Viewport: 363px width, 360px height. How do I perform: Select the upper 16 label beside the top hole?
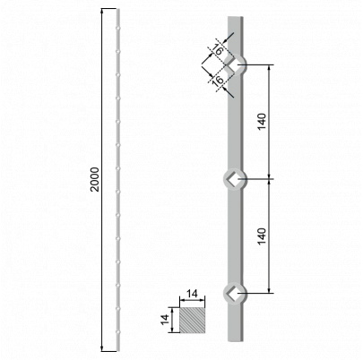[218, 52]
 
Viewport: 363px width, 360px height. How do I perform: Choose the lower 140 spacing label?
[262, 237]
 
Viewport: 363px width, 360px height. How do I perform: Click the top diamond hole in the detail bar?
[235, 64]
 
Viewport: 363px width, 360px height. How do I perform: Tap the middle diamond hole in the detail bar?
[233, 179]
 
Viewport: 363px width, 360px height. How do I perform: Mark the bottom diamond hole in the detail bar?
[233, 292]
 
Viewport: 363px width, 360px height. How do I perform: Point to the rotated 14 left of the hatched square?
[167, 321]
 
